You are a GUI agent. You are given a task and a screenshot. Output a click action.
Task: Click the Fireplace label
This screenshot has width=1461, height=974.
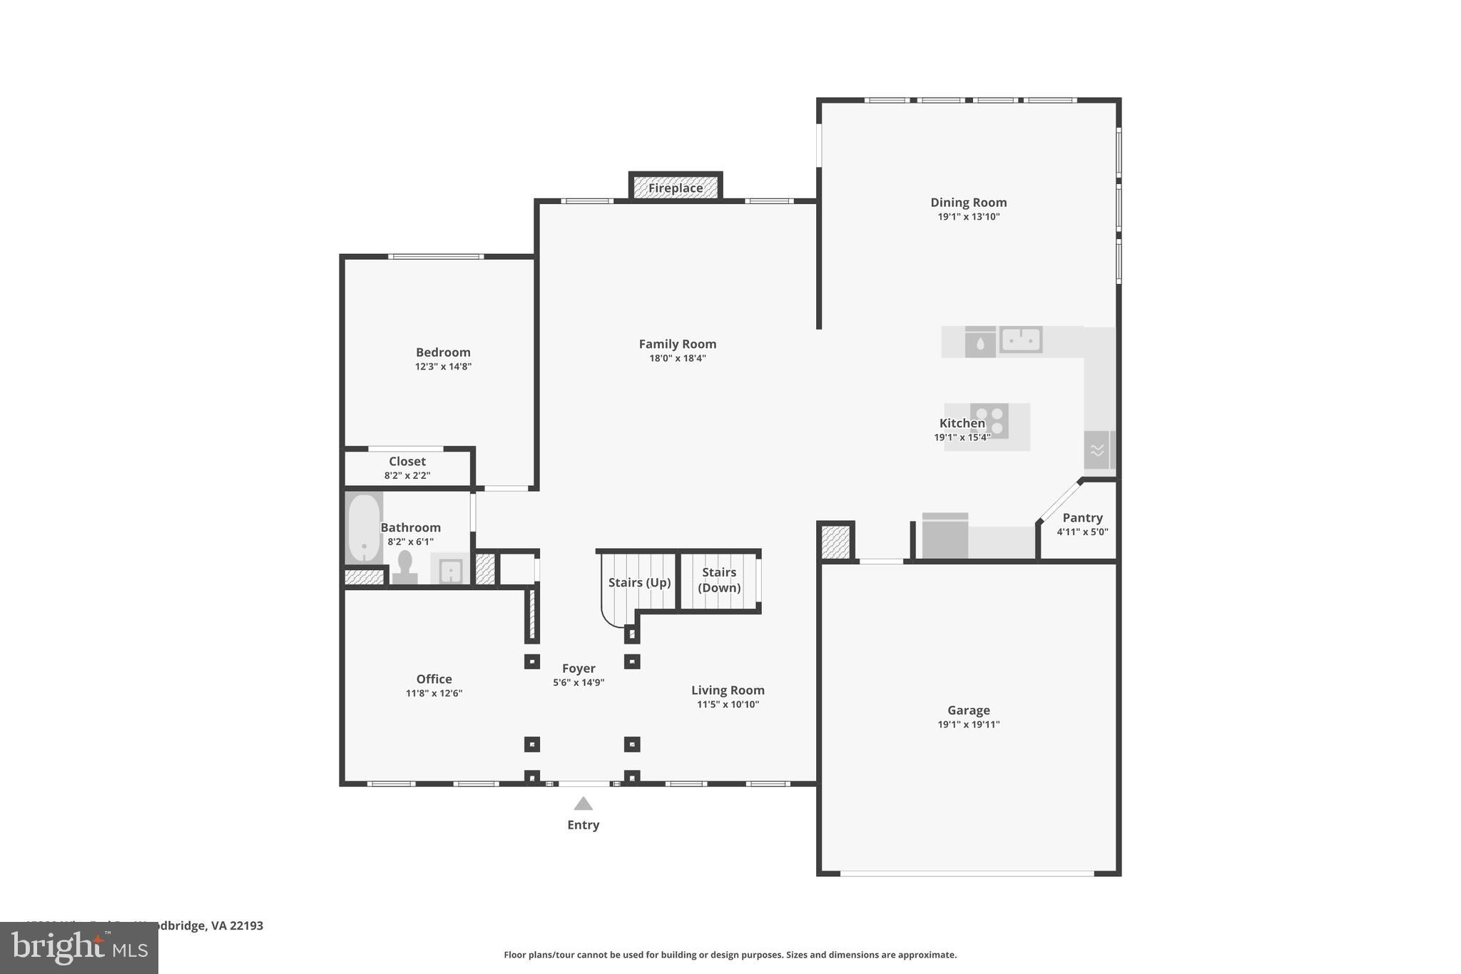[675, 188]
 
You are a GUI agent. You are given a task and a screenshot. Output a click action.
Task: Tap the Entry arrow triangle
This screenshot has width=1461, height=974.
[583, 804]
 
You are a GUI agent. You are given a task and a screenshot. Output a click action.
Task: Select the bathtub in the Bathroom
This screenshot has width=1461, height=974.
[364, 528]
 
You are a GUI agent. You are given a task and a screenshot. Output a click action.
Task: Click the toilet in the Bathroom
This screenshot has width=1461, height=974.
[405, 567]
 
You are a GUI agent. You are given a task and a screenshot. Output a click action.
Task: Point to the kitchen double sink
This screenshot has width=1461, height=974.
[1021, 340]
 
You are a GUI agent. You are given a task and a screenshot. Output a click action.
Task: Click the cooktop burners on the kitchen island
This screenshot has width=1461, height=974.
[989, 421]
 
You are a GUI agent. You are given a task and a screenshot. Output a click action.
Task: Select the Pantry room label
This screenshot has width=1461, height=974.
[1082, 518]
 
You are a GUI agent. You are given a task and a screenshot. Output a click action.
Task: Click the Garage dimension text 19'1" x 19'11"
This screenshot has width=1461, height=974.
[968, 725]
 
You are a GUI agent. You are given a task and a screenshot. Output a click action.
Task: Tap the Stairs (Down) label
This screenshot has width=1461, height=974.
[718, 580]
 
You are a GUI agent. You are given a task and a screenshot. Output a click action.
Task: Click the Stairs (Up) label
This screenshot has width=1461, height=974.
[639, 582]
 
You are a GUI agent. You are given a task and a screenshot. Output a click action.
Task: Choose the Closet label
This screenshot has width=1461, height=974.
[407, 462]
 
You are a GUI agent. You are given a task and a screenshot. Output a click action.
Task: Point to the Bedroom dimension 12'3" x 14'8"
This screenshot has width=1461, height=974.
[443, 367]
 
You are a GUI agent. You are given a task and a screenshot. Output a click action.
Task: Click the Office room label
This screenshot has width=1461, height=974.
[434, 679]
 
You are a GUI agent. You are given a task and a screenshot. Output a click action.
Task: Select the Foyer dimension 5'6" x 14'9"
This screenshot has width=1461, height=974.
[579, 683]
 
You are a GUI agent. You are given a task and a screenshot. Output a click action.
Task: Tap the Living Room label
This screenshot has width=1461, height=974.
[728, 690]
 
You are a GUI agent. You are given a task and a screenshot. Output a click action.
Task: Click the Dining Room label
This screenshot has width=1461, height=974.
[968, 203]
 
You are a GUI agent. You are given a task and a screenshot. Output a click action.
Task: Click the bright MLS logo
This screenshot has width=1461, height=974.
[79, 948]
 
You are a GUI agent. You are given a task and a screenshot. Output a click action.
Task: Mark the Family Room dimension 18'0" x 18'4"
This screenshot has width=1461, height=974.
[677, 358]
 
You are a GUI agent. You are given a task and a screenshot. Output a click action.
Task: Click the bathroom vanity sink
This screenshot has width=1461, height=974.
[451, 571]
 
